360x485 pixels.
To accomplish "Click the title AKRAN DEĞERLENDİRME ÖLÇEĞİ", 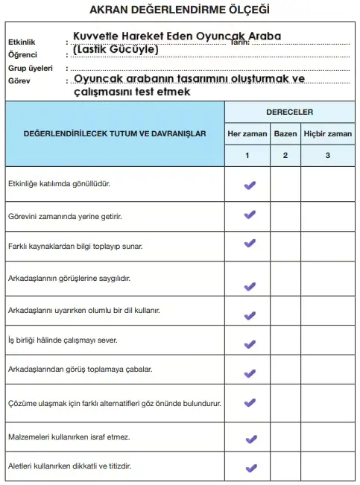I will pyautogui.click(x=179, y=10).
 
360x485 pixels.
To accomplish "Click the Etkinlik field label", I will pyautogui.click(x=22, y=42).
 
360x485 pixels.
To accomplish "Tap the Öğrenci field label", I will pyautogui.click(x=23, y=54).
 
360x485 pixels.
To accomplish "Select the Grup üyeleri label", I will pyautogui.click(x=29, y=67).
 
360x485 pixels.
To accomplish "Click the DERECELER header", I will pyautogui.click(x=289, y=112).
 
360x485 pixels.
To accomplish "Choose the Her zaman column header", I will pyautogui.click(x=247, y=134).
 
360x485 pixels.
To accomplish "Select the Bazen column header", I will pyautogui.click(x=285, y=134).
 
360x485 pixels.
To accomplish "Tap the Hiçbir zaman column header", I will pyautogui.click(x=327, y=134).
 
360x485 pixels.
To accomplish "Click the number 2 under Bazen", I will pyautogui.click(x=285, y=155).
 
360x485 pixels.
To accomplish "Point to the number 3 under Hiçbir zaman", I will pyautogui.click(x=327, y=155).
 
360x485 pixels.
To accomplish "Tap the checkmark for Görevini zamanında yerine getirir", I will pyautogui.click(x=250, y=215).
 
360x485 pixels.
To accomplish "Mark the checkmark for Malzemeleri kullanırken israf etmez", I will pyautogui.click(x=250, y=437).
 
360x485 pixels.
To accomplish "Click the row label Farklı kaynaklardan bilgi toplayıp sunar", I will pyautogui.click(x=75, y=245).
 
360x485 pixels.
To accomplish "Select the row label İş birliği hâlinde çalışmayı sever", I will pyautogui.click(x=63, y=340).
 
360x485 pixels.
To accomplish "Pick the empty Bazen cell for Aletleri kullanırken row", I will pyautogui.click(x=285, y=466).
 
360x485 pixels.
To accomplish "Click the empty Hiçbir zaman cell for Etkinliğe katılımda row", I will pyautogui.click(x=327, y=183).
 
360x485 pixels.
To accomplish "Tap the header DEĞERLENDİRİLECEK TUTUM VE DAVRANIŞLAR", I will pyautogui.click(x=115, y=133).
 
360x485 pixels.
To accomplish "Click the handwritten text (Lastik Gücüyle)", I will pyautogui.click(x=116, y=50).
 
